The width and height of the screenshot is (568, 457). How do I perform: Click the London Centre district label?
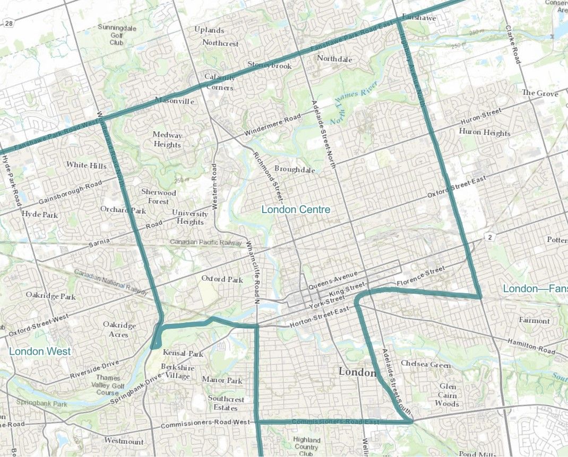296,209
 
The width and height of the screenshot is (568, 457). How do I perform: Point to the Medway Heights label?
167,139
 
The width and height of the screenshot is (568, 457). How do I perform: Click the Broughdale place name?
295,169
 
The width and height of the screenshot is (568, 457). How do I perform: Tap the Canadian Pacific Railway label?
206,242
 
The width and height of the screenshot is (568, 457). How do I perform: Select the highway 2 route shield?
488,235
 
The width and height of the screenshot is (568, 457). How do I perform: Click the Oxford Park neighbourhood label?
222,279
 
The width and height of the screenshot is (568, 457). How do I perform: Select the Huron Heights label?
485,133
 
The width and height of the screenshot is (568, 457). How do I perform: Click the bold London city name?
357,372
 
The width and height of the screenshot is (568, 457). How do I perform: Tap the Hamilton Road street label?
531,348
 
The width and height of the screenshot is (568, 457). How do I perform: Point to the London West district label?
39,351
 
